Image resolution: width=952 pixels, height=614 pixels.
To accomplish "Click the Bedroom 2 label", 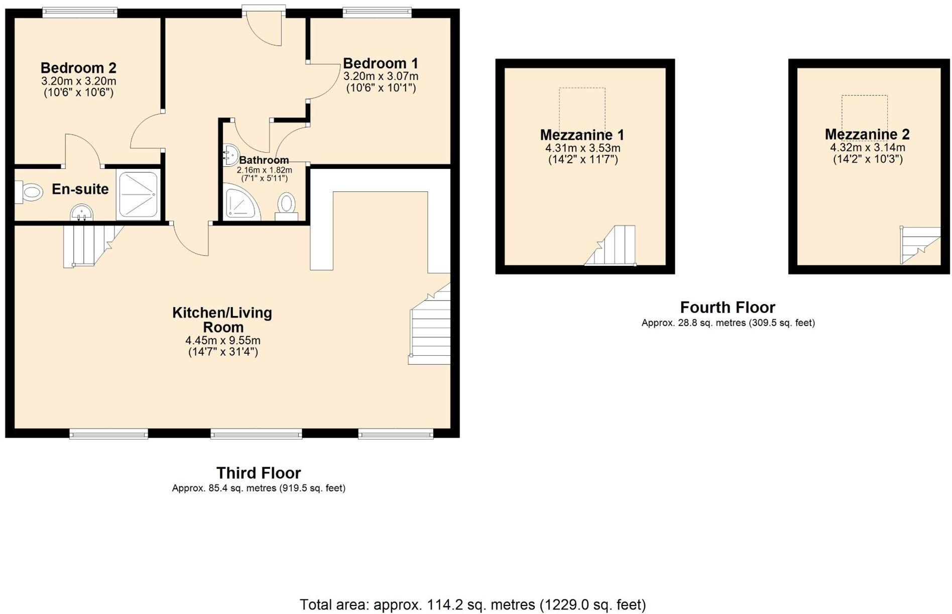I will coord(78,67).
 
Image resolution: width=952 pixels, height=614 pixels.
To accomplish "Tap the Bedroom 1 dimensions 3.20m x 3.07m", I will coord(381,76).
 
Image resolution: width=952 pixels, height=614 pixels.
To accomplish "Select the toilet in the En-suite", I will coord(31,192).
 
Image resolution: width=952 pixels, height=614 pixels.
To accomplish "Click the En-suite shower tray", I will coord(138,194).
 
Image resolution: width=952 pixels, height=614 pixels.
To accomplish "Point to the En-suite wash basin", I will coord(80,212).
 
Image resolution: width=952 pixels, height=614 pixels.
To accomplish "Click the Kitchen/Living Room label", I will coord(222,320).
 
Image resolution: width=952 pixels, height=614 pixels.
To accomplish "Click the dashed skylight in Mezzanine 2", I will coord(864,114).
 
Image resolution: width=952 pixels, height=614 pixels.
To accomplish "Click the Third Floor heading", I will coord(258,473).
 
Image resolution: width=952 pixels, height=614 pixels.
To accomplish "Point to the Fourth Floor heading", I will coord(728,307).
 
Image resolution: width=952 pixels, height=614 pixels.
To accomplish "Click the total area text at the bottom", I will coord(472,604).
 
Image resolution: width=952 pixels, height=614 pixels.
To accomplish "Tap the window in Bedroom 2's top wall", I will coord(80,13).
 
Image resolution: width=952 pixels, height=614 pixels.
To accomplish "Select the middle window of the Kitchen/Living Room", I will coord(256,434).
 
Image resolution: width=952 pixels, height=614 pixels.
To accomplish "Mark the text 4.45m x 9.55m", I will coord(223,341).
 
